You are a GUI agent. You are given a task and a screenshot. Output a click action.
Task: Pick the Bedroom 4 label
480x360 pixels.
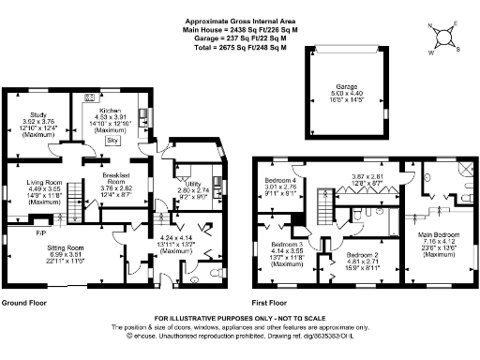pos(280,180)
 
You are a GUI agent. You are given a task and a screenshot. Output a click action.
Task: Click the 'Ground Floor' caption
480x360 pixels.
pos(24,304)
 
